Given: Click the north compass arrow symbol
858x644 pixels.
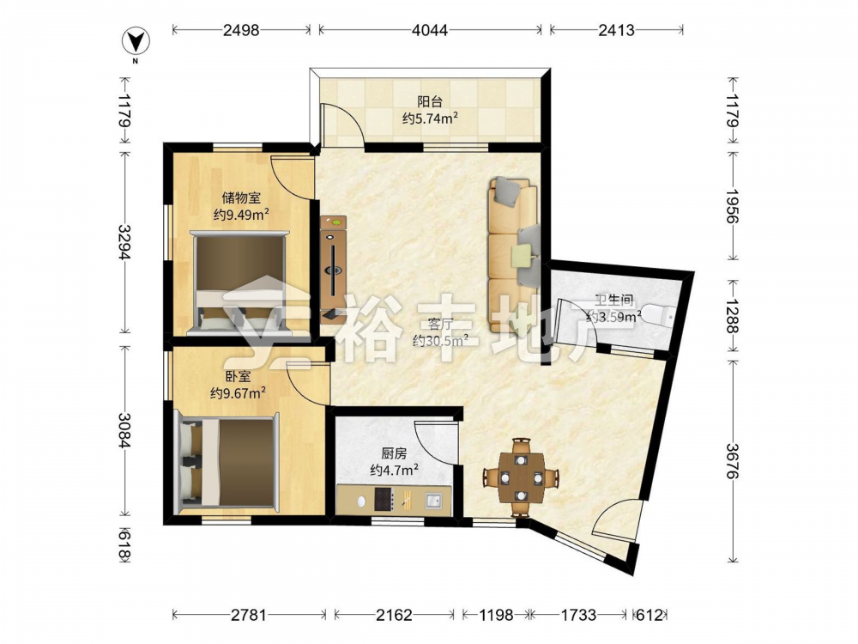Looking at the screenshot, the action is (x=136, y=41).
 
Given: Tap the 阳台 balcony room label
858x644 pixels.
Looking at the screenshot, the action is (x=430, y=101).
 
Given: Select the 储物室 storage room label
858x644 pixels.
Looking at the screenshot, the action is (x=241, y=197).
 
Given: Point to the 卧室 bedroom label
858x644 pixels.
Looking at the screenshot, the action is (x=238, y=376).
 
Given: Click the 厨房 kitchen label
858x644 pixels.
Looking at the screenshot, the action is (x=394, y=453).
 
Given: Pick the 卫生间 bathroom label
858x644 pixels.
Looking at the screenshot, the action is (x=614, y=300).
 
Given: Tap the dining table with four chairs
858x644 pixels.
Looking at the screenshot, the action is (x=522, y=477).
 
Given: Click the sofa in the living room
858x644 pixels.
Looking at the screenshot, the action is (x=514, y=255).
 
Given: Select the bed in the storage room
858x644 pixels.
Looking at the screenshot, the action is (x=239, y=283).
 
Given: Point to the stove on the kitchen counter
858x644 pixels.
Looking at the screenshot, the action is (x=384, y=499).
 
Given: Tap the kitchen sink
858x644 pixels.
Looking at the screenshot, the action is (x=434, y=500).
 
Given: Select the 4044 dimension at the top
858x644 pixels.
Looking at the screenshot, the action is (x=430, y=30).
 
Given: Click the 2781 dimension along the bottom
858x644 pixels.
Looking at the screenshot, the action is (x=249, y=615).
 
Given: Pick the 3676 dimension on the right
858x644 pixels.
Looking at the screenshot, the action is (x=732, y=460).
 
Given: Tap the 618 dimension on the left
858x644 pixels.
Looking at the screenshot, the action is (x=124, y=545).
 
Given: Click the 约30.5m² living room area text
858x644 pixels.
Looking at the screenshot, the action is (x=440, y=340).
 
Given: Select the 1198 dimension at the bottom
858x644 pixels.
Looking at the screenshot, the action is (x=496, y=615).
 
